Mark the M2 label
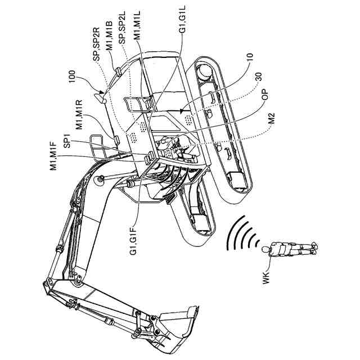272,119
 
